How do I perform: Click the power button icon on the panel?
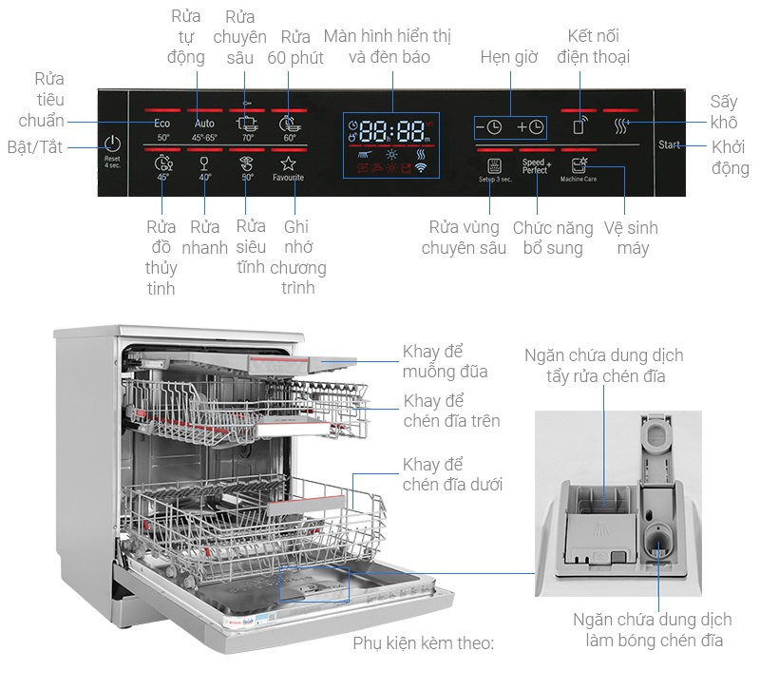[113, 144]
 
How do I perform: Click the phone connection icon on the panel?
[579, 126]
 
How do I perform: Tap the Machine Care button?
[579, 167]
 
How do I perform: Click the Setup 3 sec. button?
[494, 167]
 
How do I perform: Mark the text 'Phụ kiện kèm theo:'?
[423, 643]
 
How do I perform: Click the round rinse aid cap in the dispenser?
[655, 543]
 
